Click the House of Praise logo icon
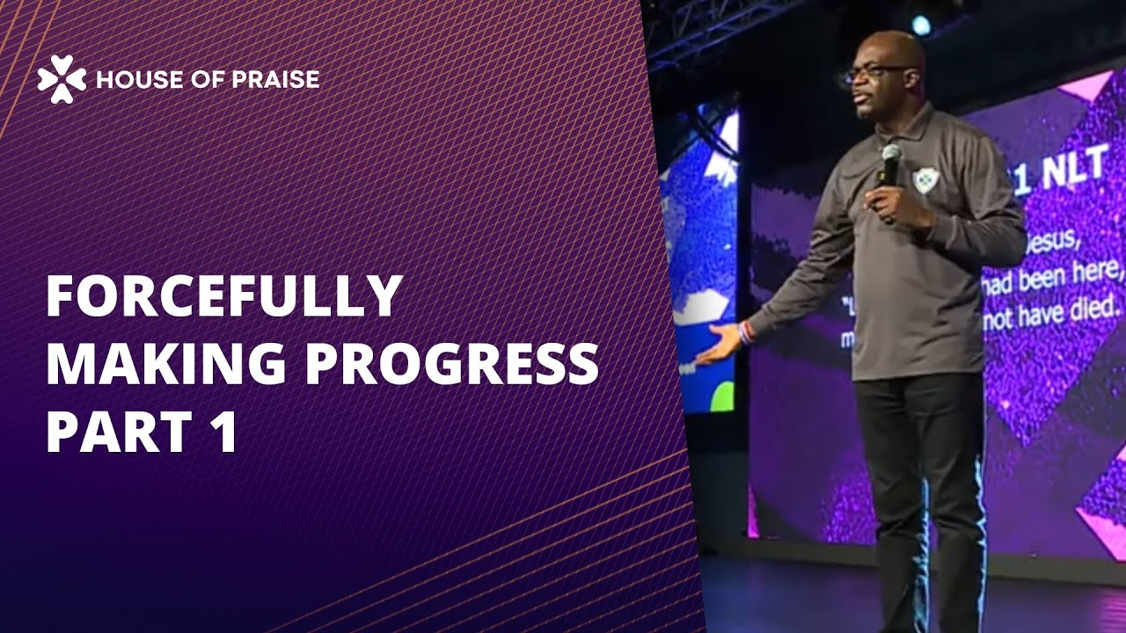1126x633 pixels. click(62, 79)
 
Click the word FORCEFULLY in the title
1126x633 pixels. click(223, 297)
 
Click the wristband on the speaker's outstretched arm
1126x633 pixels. click(746, 332)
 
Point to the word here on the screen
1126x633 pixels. click(1105, 275)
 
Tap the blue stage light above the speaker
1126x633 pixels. click(921, 25)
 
